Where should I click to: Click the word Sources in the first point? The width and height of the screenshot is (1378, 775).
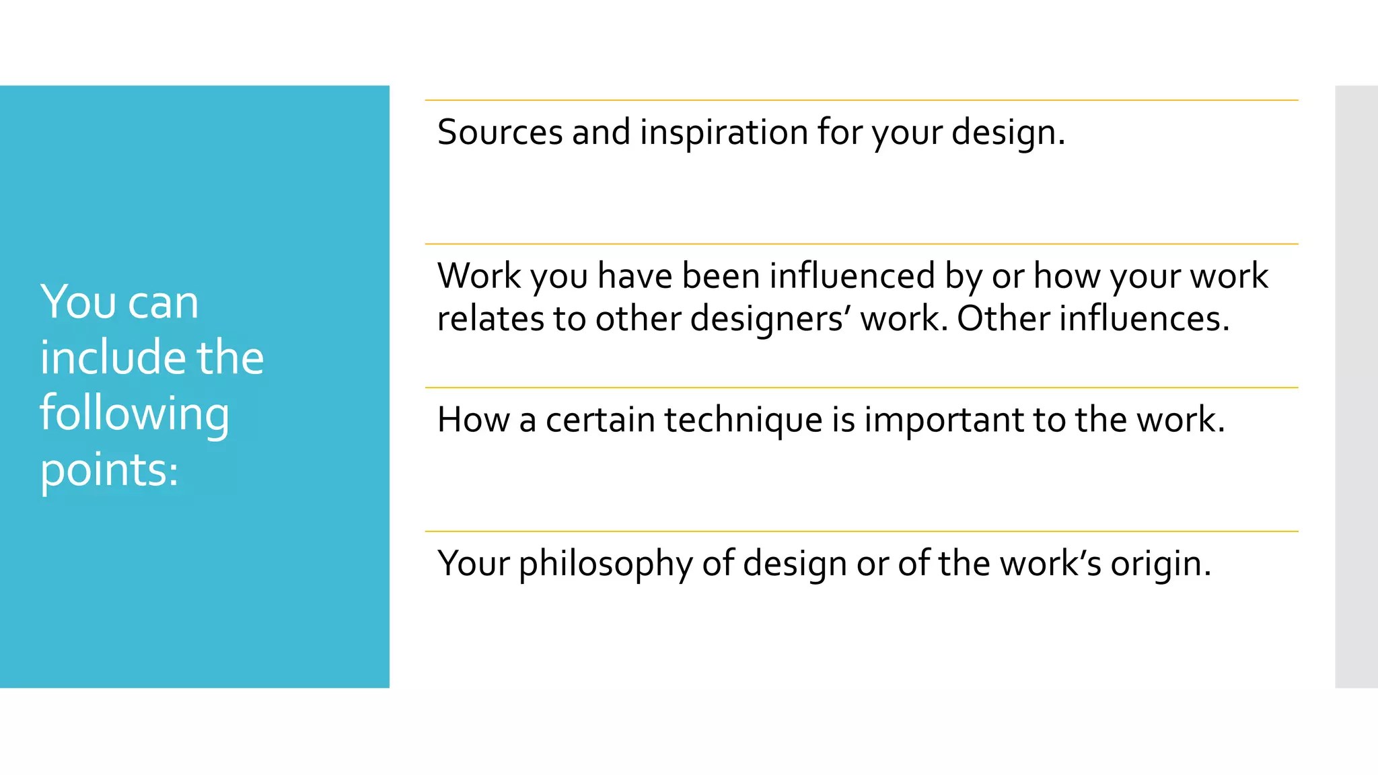pyautogui.click(x=499, y=132)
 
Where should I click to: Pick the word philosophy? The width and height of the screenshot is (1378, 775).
pyautogui.click(x=606, y=564)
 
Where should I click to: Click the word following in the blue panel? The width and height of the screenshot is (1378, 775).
pyautogui.click(x=135, y=414)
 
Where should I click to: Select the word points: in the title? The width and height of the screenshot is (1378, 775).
pyautogui.click(x=110, y=470)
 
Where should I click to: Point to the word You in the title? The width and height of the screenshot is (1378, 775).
pyautogui.click(x=78, y=302)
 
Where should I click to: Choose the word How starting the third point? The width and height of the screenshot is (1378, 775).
pyautogui.click(x=474, y=420)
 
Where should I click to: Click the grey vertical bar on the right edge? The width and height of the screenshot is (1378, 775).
pyautogui.click(x=1356, y=386)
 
